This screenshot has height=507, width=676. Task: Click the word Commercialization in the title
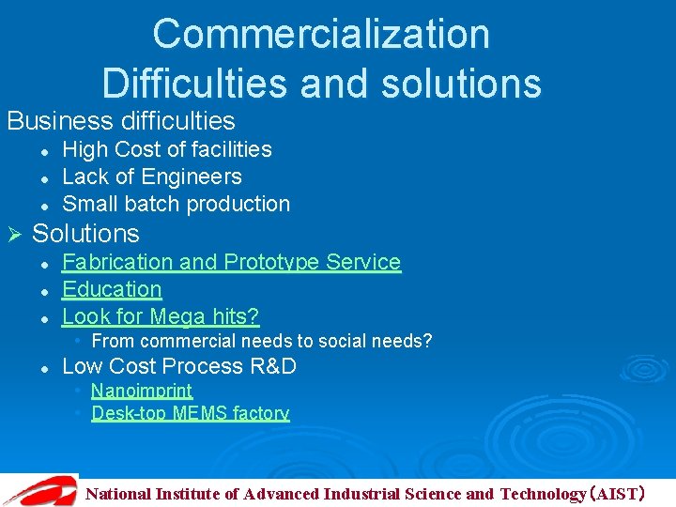click(321, 35)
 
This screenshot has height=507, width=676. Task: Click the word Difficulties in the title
click(195, 83)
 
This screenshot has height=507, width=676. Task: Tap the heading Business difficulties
click(121, 121)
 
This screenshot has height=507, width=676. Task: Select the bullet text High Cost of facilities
click(166, 149)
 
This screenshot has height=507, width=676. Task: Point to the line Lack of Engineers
click(151, 177)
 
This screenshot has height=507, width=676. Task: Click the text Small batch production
click(176, 204)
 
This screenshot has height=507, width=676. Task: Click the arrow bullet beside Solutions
click(13, 234)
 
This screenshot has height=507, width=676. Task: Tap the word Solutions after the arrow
click(85, 234)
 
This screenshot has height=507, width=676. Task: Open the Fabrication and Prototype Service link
click(231, 262)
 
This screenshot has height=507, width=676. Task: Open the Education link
click(112, 289)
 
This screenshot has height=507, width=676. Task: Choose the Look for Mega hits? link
click(161, 316)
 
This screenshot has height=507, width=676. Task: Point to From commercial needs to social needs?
click(261, 341)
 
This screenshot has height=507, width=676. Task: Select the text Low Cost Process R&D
click(178, 366)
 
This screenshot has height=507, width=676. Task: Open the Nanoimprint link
click(142, 391)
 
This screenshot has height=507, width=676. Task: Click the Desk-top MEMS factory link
click(190, 413)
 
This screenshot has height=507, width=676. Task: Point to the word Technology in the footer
click(543, 494)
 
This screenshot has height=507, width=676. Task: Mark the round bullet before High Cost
click(44, 150)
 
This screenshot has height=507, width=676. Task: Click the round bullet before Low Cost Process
click(44, 367)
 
